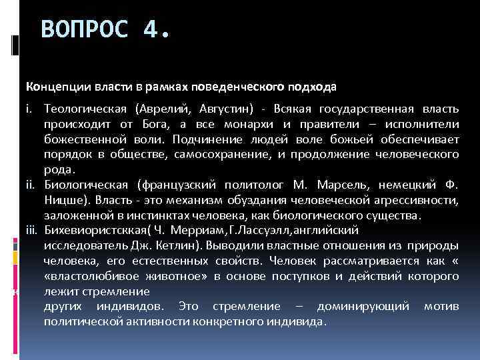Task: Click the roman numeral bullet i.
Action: (29, 107)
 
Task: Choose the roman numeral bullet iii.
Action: (33, 229)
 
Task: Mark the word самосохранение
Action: (211, 155)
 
